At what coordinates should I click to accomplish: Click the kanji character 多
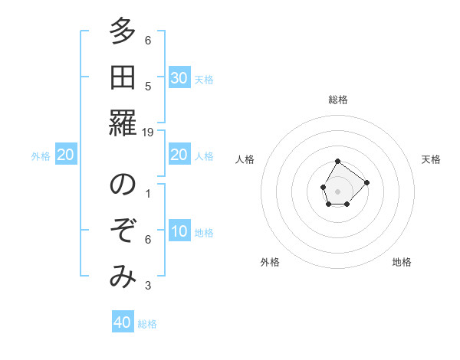(x=122, y=32)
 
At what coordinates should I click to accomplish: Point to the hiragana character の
(x=122, y=186)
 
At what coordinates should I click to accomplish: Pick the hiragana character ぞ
(x=122, y=231)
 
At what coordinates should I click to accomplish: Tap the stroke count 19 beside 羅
(x=148, y=132)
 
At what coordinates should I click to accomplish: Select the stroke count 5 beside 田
(x=148, y=87)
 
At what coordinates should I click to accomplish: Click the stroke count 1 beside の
(x=148, y=194)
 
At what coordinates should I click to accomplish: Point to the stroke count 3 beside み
(x=148, y=286)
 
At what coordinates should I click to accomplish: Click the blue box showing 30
(x=179, y=78)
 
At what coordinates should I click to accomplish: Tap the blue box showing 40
(x=123, y=322)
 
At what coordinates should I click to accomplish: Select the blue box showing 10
(x=179, y=231)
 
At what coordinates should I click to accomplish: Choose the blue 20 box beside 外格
(x=66, y=155)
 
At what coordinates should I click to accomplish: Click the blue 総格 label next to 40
(x=147, y=324)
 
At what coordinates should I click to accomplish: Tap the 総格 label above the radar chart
(x=337, y=100)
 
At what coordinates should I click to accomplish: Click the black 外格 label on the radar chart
(x=270, y=262)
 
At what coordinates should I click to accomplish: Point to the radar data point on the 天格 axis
(x=367, y=182)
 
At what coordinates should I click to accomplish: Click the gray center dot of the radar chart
(x=337, y=190)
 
